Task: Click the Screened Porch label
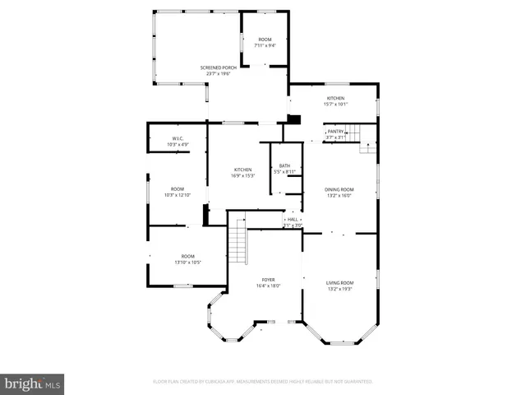tap(218, 67)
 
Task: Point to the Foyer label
tap(269, 280)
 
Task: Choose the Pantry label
tap(335, 131)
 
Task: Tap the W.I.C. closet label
tap(178, 138)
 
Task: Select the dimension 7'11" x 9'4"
tap(265, 46)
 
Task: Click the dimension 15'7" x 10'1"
tap(336, 105)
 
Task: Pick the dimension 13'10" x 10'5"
tap(188, 263)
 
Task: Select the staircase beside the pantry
tap(353, 132)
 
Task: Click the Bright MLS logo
tap(33, 383)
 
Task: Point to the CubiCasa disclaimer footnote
tap(263, 382)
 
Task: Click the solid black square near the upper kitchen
tap(297, 118)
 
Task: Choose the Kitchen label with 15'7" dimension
tap(336, 98)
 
